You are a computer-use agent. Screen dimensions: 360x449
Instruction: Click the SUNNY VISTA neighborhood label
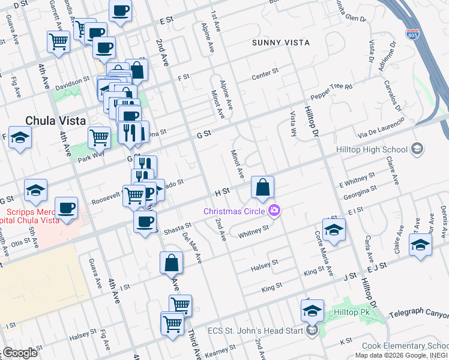click(x=280, y=43)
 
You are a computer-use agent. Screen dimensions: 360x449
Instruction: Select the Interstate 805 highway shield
click(x=412, y=34)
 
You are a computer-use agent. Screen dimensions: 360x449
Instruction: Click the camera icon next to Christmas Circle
click(x=274, y=210)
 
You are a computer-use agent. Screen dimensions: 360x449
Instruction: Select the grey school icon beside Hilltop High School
click(x=417, y=149)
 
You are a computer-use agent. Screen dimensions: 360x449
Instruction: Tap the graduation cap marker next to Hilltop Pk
click(x=312, y=310)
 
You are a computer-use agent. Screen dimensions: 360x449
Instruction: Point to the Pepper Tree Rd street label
click(x=331, y=91)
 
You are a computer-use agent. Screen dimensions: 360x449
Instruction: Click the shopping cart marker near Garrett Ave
click(x=58, y=42)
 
